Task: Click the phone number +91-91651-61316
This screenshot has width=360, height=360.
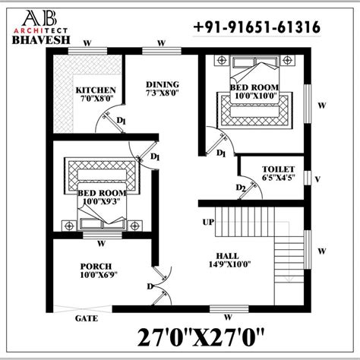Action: point(257,27)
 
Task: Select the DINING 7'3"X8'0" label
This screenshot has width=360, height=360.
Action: point(163,88)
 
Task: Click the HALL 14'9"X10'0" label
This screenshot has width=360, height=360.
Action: point(229,260)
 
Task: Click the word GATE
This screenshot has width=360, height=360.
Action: point(87,318)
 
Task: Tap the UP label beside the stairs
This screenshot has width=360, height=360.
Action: point(208,222)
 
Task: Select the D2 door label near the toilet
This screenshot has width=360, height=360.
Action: point(241,188)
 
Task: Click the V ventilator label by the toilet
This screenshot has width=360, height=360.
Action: point(317,179)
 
